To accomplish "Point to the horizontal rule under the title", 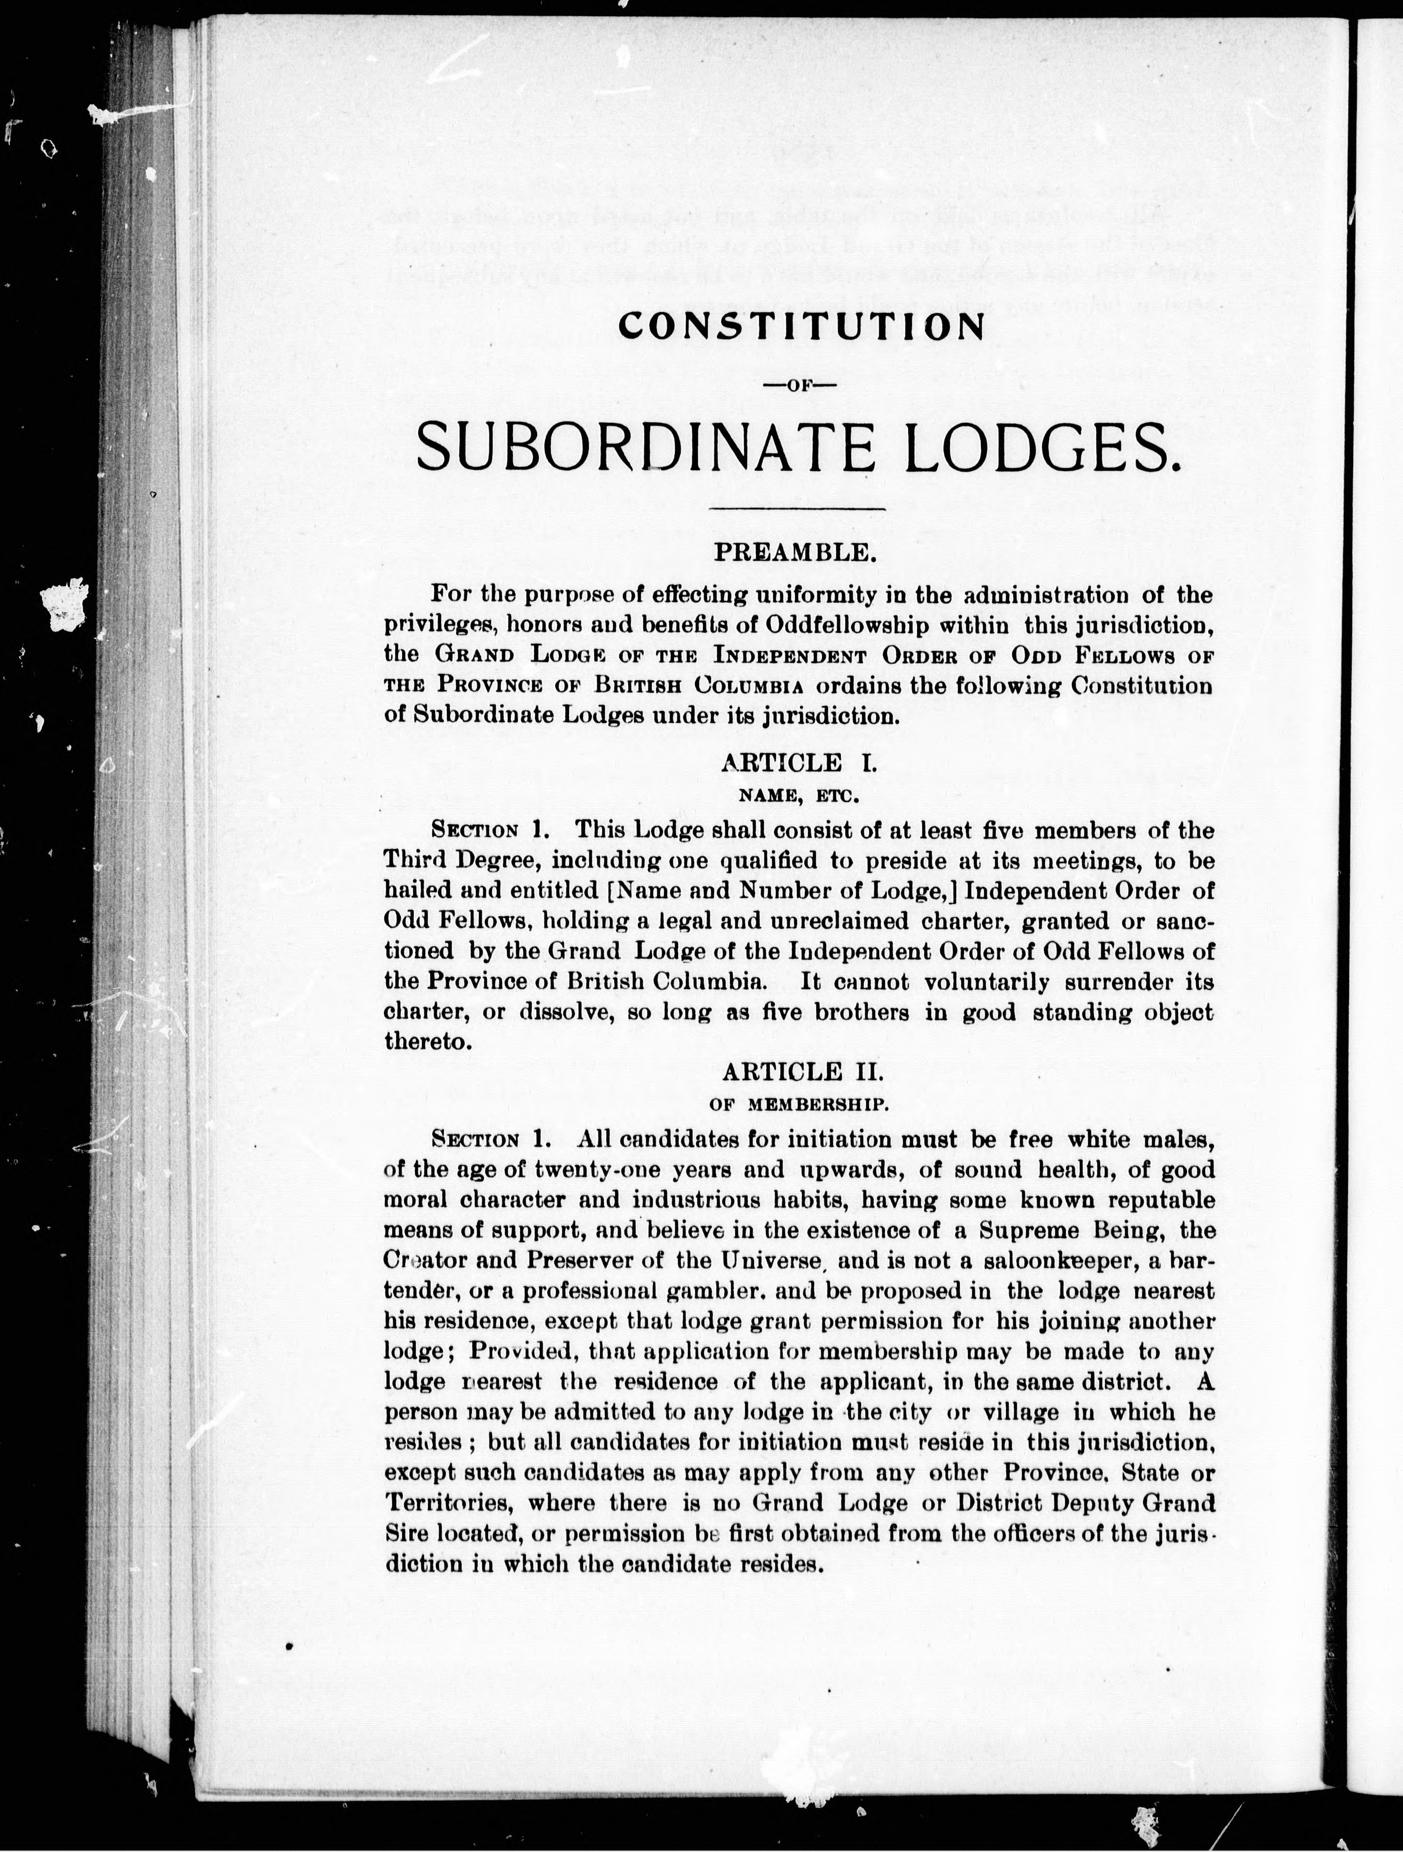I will click(798, 508).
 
